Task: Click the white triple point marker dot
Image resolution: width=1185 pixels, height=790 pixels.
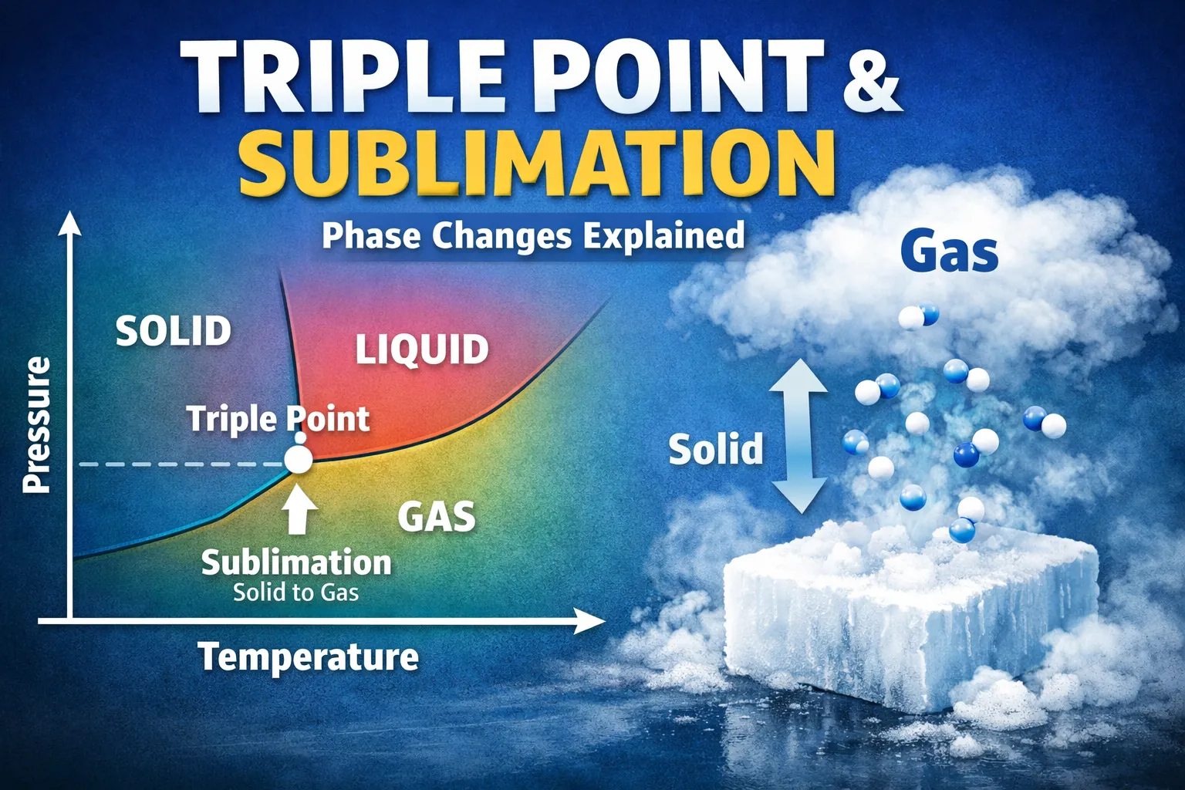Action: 298,460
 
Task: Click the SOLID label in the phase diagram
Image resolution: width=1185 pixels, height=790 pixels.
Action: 174,331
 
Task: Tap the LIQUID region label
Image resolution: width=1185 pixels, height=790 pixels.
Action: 422,349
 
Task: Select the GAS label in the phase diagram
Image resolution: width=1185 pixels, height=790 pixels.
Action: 436,517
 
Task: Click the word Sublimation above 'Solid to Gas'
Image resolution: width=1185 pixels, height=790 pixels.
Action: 296,562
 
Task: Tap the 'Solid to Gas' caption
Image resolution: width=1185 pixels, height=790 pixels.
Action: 296,592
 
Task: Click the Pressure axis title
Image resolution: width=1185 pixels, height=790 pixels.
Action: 36,424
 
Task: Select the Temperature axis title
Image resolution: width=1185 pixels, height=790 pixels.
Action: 309,657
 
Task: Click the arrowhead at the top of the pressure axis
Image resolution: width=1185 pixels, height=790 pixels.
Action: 70,223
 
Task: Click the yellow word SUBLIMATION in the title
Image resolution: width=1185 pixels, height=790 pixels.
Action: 537,163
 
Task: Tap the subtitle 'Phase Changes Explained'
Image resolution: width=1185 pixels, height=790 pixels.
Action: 533,235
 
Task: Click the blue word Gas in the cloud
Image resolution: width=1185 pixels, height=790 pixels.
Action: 949,252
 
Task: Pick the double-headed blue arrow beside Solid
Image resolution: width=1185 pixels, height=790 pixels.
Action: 799,436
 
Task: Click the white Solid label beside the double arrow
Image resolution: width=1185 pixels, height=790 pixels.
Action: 715,449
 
